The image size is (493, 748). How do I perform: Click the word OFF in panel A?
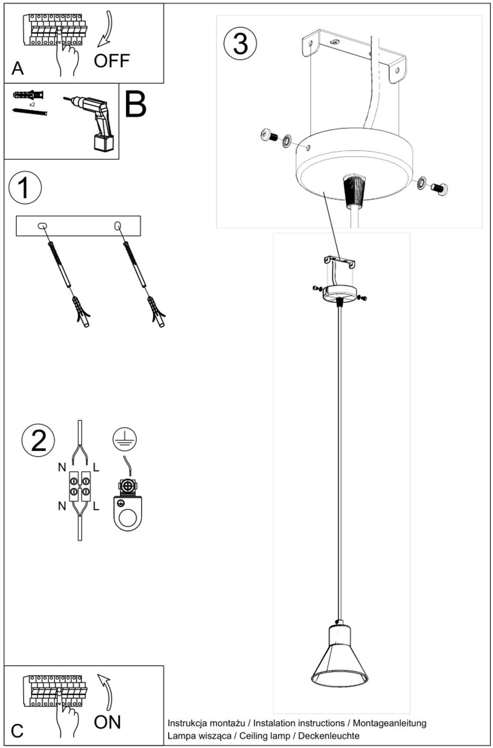click(x=112, y=61)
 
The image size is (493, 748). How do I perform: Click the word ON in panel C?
click(x=107, y=722)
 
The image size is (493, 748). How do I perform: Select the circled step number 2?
click(x=38, y=440)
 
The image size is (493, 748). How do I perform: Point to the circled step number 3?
click(x=240, y=44)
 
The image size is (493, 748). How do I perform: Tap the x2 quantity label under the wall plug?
click(x=32, y=105)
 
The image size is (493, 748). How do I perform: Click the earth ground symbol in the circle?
click(x=124, y=439)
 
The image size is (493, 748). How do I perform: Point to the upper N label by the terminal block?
click(x=62, y=467)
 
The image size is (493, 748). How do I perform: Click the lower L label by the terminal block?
click(x=96, y=506)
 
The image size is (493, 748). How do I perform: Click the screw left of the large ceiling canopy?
click(x=269, y=135)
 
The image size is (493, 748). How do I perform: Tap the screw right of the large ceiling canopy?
click(x=438, y=187)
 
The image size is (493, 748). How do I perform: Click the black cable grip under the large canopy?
click(x=353, y=190)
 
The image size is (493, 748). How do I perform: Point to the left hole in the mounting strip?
click(x=43, y=226)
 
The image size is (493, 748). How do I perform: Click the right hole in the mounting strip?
click(x=118, y=226)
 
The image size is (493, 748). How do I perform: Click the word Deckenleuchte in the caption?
click(x=329, y=735)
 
